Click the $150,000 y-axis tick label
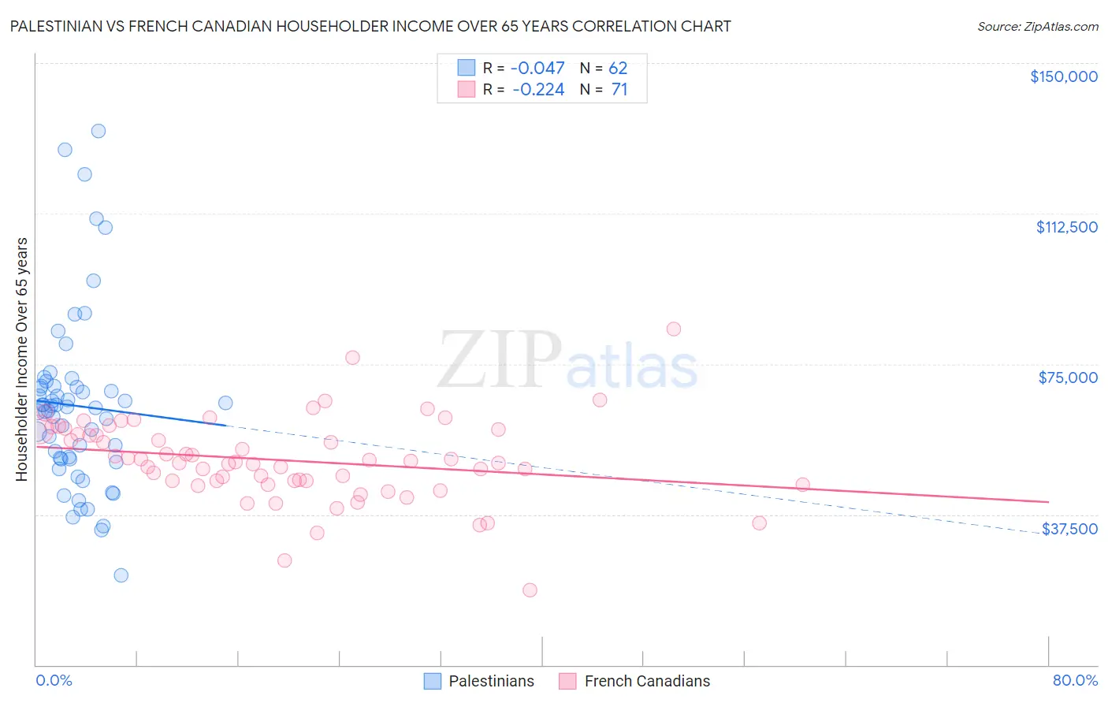point(1063,76)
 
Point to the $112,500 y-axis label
point(1066,227)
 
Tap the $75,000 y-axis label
point(1068,378)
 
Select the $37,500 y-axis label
point(1069,529)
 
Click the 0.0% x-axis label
point(54,680)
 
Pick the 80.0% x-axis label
point(1075,680)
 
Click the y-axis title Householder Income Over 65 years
point(21,359)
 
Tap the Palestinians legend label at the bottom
point(491,681)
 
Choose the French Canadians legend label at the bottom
point(647,681)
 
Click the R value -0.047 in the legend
point(537,69)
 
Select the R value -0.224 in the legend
point(537,90)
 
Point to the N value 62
point(618,69)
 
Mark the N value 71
point(619,90)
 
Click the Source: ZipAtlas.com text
point(1037,27)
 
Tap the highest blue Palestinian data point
point(99,131)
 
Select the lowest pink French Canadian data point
point(530,590)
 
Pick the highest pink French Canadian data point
point(674,329)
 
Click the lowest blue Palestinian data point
point(121,575)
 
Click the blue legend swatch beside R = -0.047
point(467,69)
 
